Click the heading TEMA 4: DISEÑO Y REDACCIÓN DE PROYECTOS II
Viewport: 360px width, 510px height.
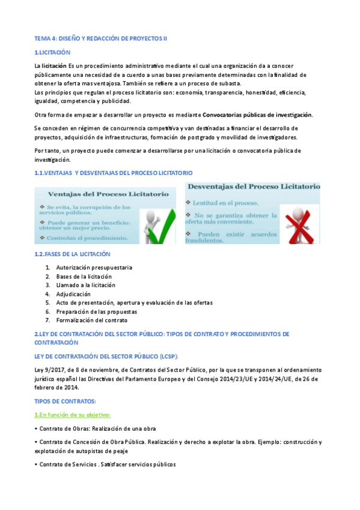pyautogui.click(x=101, y=38)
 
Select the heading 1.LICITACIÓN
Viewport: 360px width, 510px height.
pyautogui.click(x=53, y=53)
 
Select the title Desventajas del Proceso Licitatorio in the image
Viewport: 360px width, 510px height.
pyautogui.click(x=252, y=187)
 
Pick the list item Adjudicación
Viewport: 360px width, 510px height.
pyautogui.click(x=73, y=294)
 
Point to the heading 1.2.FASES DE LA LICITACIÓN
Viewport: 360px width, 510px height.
pyautogui.click(x=73, y=254)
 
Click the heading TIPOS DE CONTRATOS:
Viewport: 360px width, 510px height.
pyautogui.click(x=65, y=401)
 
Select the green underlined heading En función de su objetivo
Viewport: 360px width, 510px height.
pyautogui.click(x=72, y=415)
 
